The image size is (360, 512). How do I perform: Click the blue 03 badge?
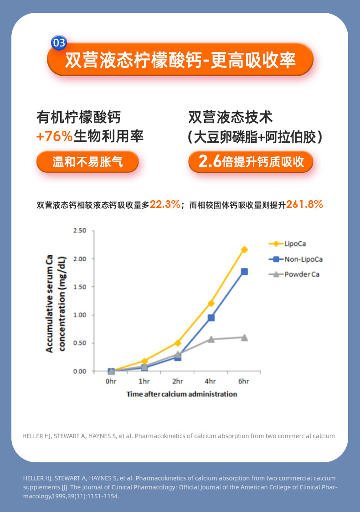click(x=59, y=43)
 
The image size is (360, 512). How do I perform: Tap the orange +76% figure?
click(x=54, y=136)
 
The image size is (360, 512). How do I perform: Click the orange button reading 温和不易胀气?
click(x=87, y=162)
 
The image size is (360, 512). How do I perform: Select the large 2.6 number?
click(x=210, y=161)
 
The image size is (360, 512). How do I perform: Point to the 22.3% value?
click(x=165, y=205)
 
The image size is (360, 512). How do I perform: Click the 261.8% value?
click(x=305, y=205)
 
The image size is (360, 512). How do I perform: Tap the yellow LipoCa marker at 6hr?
click(x=244, y=249)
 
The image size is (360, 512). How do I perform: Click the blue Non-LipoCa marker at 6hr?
click(x=244, y=272)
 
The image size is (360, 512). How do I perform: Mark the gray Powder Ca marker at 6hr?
click(x=244, y=337)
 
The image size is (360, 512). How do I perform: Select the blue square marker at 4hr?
click(x=211, y=318)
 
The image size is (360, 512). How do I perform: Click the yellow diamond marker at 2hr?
click(x=178, y=343)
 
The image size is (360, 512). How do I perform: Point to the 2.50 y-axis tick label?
click(x=80, y=231)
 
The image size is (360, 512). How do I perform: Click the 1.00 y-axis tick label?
click(x=80, y=315)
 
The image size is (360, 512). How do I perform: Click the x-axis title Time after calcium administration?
click(x=182, y=394)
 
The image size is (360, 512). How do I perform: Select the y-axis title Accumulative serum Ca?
click(x=50, y=303)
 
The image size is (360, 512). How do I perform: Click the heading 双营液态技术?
click(x=231, y=117)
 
